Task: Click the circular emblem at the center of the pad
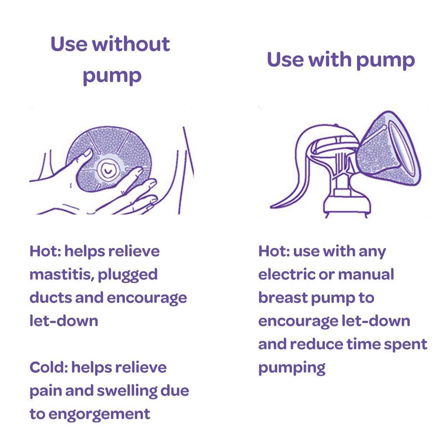(x=107, y=169)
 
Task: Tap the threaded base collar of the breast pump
(x=347, y=205)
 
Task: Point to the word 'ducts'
(x=50, y=298)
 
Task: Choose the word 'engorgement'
(x=100, y=414)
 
